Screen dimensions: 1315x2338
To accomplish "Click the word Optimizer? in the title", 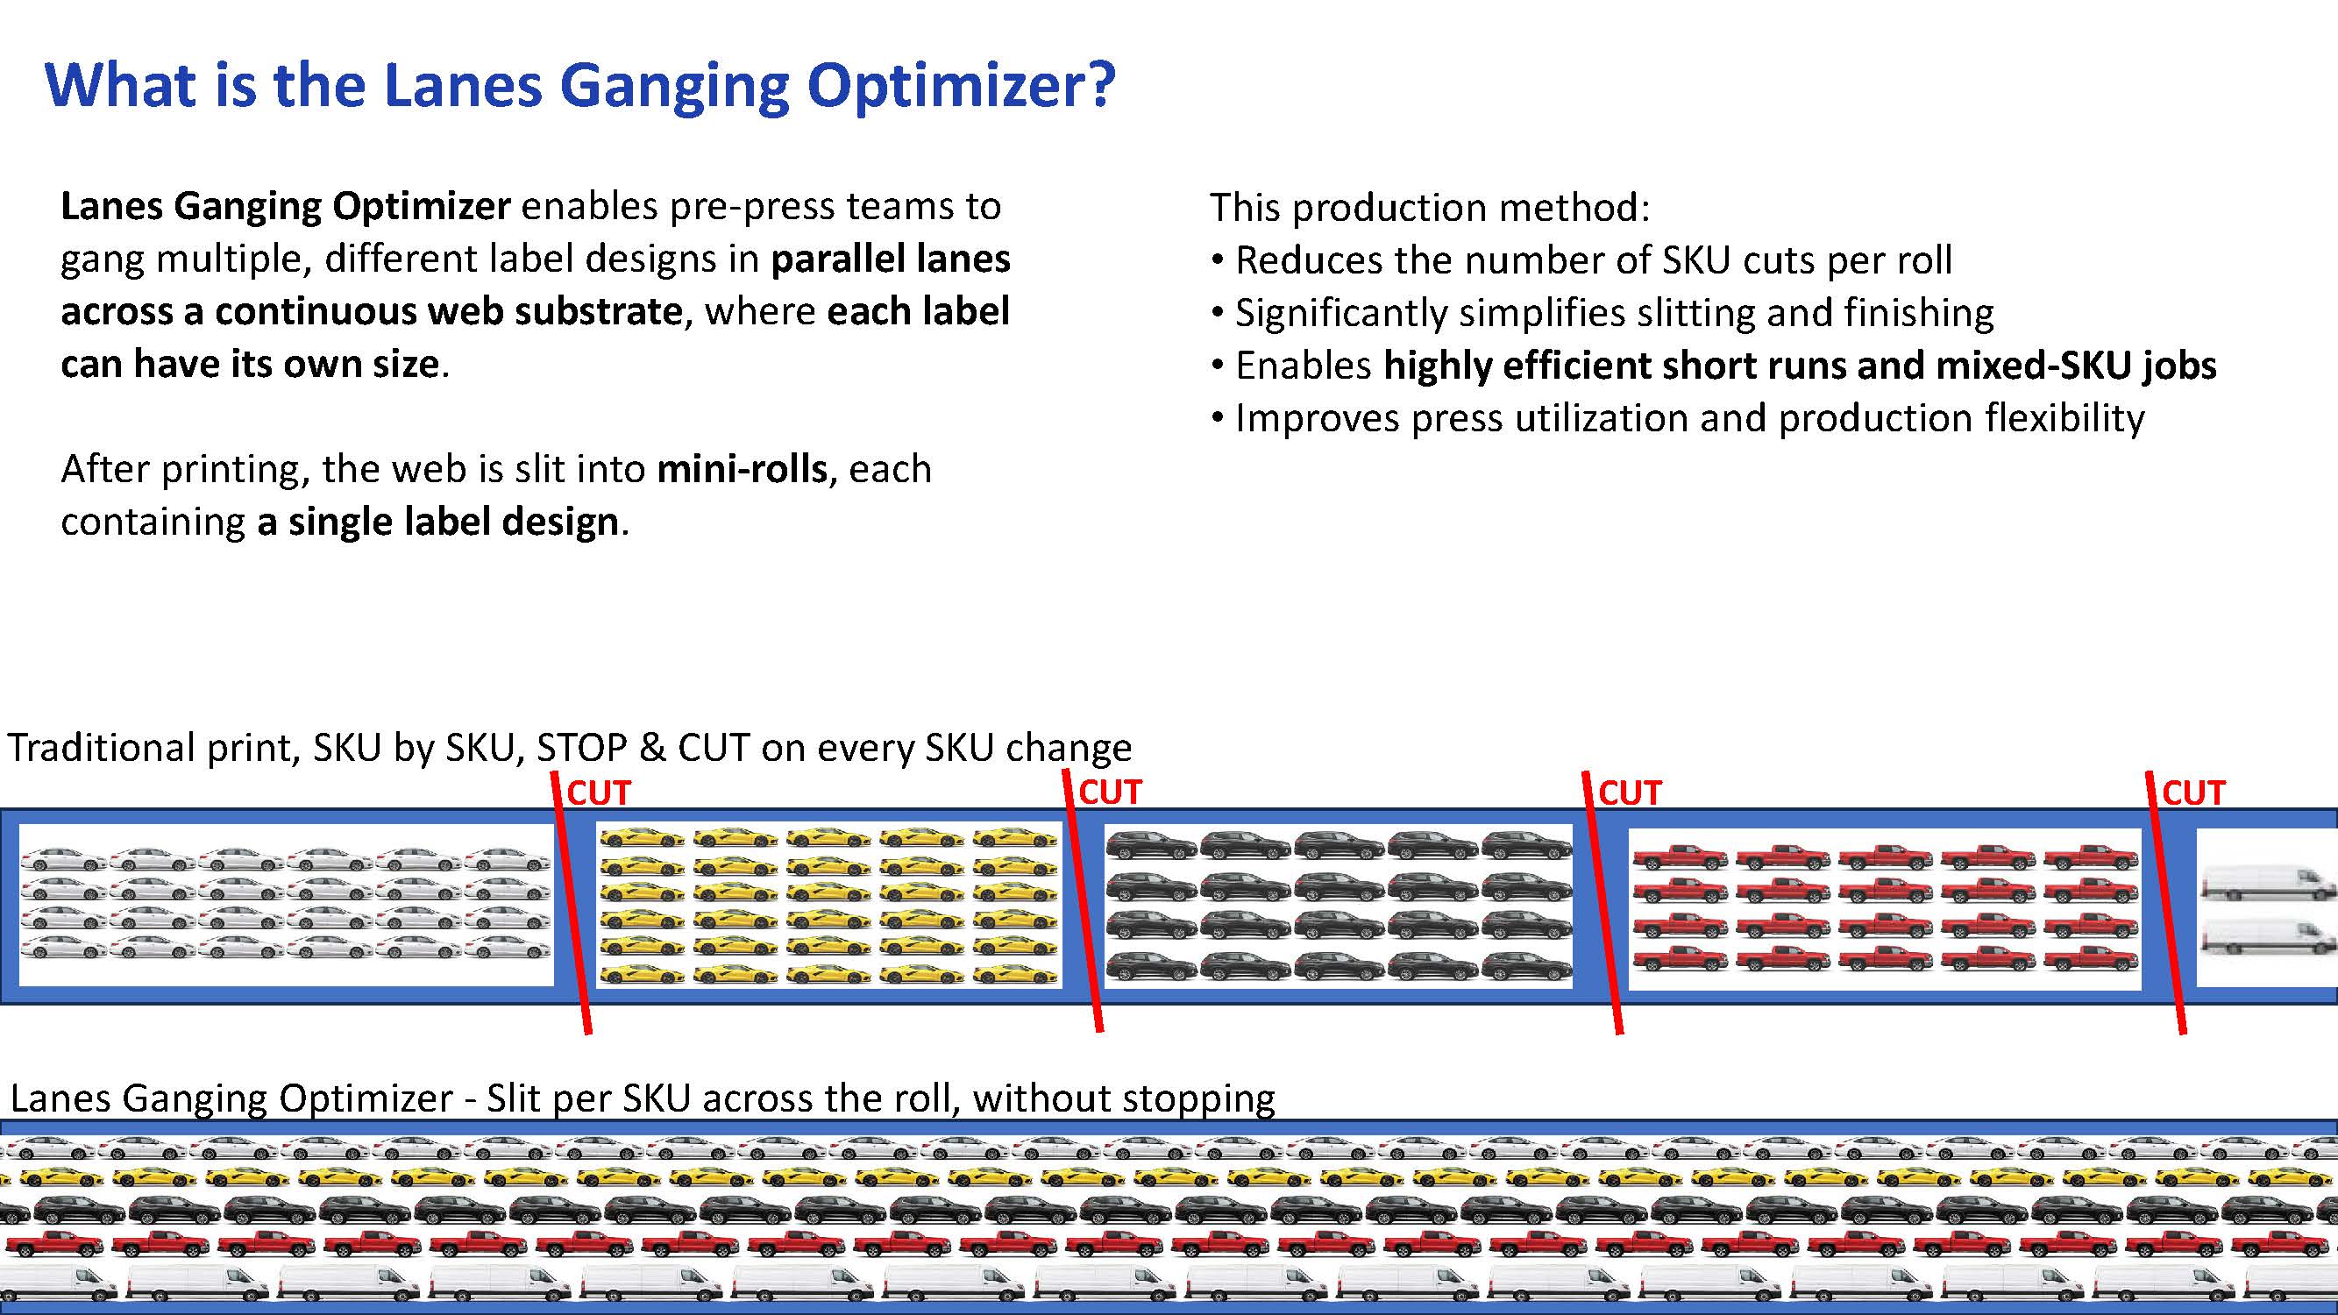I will click(x=960, y=86).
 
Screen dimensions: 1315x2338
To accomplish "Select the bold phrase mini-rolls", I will click(x=742, y=469).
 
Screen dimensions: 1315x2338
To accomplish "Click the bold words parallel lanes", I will click(x=891, y=259).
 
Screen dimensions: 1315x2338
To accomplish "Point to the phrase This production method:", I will click(x=1430, y=208).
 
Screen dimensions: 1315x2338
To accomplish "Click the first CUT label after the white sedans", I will click(x=598, y=793).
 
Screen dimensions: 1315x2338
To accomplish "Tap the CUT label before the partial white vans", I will click(x=2193, y=793).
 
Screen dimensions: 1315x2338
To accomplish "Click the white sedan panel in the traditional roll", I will click(x=286, y=905).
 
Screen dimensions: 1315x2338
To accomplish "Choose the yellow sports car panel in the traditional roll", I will click(x=828, y=905).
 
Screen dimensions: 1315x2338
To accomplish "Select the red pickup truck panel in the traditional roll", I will click(x=1885, y=908).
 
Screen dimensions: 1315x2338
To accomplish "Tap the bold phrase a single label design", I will click(x=437, y=522).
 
